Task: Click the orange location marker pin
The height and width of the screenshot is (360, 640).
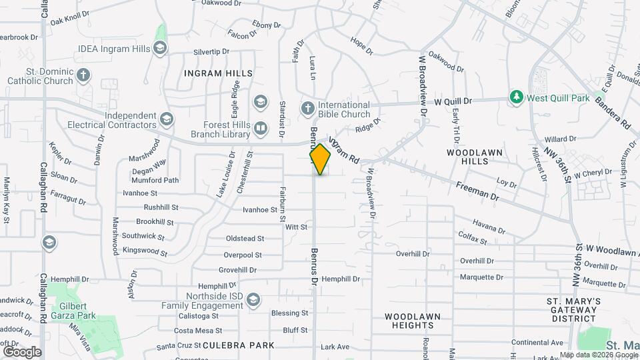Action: [x=320, y=159]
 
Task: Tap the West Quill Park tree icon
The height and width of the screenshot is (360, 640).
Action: [x=516, y=98]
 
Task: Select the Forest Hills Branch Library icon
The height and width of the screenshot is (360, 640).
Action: [x=260, y=127]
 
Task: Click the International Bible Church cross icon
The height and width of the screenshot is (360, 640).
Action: [x=307, y=108]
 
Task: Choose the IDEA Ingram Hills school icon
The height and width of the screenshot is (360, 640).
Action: [x=159, y=48]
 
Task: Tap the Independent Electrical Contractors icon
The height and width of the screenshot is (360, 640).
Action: [x=166, y=120]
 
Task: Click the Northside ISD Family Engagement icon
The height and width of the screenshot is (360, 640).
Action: [x=252, y=301]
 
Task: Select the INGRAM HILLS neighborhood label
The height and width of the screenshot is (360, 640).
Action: [x=219, y=73]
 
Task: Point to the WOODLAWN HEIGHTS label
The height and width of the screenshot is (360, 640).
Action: [x=409, y=320]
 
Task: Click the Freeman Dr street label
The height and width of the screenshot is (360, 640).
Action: [x=477, y=191]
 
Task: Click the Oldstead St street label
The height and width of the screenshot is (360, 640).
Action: [x=245, y=238]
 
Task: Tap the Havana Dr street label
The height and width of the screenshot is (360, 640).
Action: [x=489, y=226]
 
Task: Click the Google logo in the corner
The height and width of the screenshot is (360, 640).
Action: [x=22, y=351]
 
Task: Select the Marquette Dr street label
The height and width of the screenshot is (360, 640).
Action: [x=481, y=277]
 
